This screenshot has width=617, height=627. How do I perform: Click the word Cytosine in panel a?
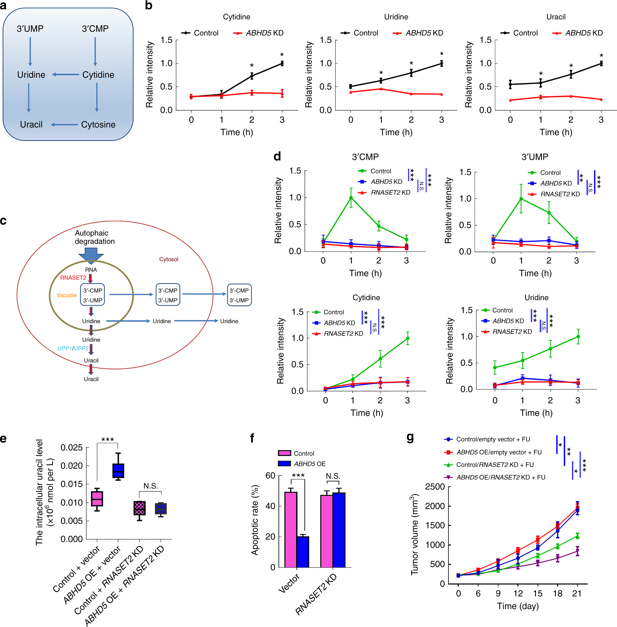click(98, 124)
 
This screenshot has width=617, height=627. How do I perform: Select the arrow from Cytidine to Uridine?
click(66, 75)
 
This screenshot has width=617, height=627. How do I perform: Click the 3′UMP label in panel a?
click(30, 29)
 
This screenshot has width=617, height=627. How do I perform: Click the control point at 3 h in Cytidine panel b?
click(282, 63)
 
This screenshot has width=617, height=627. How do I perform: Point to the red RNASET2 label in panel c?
click(73, 278)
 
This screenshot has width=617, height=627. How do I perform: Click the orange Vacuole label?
click(66, 295)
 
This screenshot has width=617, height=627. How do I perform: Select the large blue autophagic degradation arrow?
click(91, 254)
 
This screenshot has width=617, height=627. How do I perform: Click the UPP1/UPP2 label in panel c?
click(73, 348)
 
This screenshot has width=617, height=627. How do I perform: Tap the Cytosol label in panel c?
click(168, 259)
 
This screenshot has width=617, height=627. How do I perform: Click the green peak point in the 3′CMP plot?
click(351, 197)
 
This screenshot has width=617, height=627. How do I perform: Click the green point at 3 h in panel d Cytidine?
click(407, 338)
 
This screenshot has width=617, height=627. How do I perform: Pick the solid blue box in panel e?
click(118, 470)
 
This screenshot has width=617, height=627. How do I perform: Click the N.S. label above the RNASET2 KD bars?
click(333, 475)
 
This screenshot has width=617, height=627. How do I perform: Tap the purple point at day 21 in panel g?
click(578, 551)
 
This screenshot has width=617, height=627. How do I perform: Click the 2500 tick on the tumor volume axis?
click(435, 487)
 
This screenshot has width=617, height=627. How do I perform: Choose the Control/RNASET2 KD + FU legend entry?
click(494, 465)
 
